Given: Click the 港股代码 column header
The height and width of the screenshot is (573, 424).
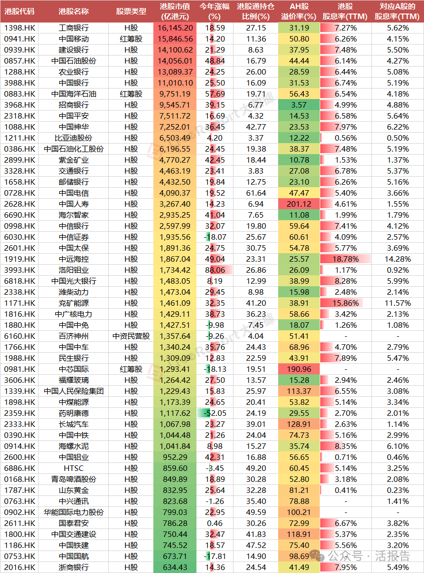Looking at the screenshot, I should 20,11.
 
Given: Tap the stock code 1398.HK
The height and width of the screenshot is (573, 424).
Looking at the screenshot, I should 20,28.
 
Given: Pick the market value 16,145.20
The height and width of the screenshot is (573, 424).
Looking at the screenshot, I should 175,28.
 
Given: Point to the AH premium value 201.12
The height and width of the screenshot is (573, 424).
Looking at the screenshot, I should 299,204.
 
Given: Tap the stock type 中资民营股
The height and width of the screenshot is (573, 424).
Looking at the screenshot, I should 131,336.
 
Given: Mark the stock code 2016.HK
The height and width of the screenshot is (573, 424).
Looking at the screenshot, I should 20,567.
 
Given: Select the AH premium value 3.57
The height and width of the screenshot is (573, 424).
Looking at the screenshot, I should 299,105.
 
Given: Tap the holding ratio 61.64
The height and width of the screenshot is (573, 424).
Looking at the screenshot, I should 256,193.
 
